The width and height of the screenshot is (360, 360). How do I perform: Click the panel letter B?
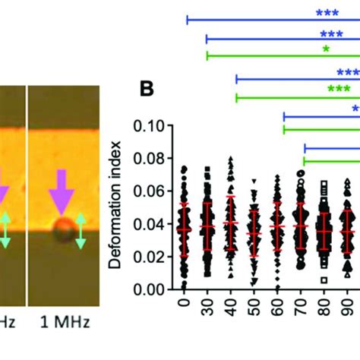coord(147,89)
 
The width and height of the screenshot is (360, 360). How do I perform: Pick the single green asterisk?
coord(326,49)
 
